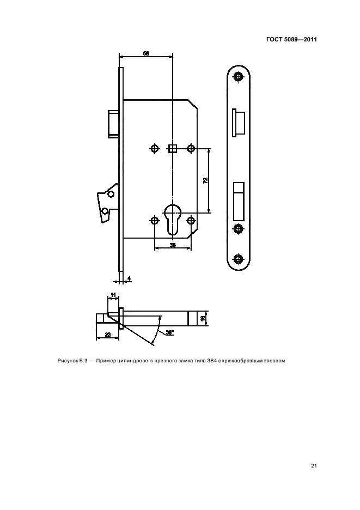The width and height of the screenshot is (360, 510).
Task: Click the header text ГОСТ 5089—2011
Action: [x=291, y=39]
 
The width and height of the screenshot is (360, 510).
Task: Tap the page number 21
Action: [x=314, y=466]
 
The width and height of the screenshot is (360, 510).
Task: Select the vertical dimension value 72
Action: [x=205, y=180]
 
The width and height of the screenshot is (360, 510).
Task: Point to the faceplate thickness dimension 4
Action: [x=129, y=278]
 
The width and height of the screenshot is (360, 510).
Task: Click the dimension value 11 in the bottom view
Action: [x=113, y=295]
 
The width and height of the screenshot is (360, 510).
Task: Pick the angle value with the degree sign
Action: [x=170, y=332]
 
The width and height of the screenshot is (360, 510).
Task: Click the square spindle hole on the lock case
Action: [x=172, y=149]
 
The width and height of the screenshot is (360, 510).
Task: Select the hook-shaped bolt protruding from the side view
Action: [x=106, y=203]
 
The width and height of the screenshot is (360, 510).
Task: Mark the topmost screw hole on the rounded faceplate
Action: [x=239, y=77]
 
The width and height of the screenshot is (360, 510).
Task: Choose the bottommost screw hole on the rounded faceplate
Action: [x=239, y=259]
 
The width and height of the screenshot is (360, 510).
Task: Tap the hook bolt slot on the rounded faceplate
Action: [x=239, y=200]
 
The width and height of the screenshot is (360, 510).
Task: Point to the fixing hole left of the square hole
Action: [x=155, y=149]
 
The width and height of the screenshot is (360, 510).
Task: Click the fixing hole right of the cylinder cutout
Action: [x=191, y=220]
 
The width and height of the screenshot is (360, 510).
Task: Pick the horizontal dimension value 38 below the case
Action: [x=173, y=245]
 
